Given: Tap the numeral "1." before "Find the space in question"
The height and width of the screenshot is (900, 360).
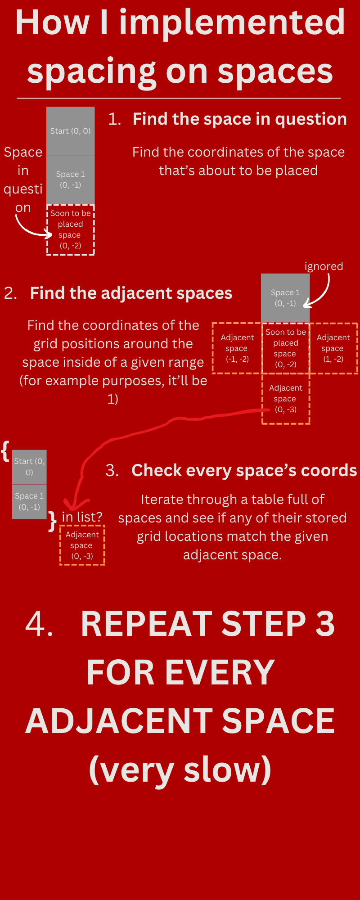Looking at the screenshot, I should [114, 119].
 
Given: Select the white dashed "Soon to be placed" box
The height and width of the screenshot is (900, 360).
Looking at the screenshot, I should [71, 230].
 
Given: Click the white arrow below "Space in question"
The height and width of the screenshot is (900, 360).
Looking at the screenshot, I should [31, 228].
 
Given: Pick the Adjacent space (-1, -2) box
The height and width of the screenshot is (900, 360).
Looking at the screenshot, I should [237, 348].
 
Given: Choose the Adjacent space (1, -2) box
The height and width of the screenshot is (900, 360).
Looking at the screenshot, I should [333, 348].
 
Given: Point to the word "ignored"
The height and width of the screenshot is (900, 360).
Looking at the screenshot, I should [324, 266].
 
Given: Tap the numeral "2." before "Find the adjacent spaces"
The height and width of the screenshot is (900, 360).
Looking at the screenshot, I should [10, 293].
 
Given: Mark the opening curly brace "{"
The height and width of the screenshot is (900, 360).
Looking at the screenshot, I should [5, 451].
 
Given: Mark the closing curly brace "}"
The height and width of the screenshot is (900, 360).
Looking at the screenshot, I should [53, 521].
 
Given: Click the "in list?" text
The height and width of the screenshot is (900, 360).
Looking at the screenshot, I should [82, 517].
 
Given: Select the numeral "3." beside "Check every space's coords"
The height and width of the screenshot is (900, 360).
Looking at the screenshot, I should [112, 471].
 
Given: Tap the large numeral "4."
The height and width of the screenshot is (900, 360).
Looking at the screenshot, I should [39, 624].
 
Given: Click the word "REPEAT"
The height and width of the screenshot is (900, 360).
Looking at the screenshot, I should [146, 624].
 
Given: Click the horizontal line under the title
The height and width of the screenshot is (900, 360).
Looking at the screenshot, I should [179, 98].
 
